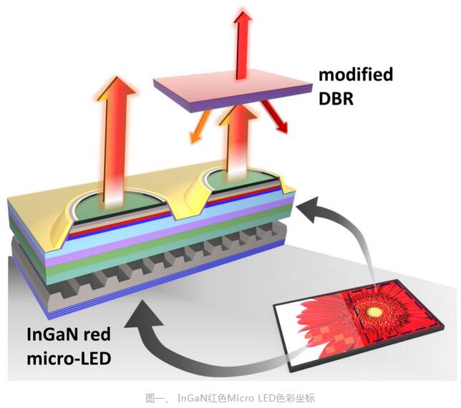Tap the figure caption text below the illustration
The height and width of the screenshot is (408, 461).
coord(230,398)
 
